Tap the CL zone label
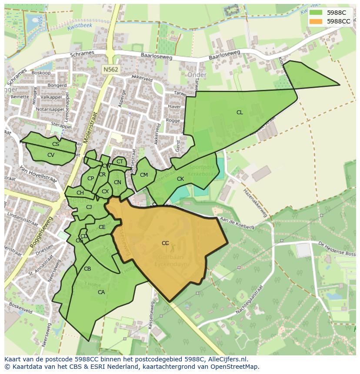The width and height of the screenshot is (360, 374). tap(240, 113)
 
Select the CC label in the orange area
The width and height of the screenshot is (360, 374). tap(165, 243)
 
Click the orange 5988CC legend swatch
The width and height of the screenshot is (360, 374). tap(316, 21)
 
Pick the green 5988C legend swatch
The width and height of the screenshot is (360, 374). tap(316, 13)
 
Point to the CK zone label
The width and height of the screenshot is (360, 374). tap(180, 179)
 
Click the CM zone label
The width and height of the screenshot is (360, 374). tap(144, 175)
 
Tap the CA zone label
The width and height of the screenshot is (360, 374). tap(101, 292)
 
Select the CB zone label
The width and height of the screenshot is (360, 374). tap(87, 269)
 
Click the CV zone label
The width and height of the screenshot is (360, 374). tap(51, 155)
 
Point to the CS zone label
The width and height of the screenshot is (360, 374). tap(56, 144)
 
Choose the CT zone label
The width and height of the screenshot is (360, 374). tap(120, 162)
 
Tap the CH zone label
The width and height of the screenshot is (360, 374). tap(80, 193)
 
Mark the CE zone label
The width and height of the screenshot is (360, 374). tap(102, 227)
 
